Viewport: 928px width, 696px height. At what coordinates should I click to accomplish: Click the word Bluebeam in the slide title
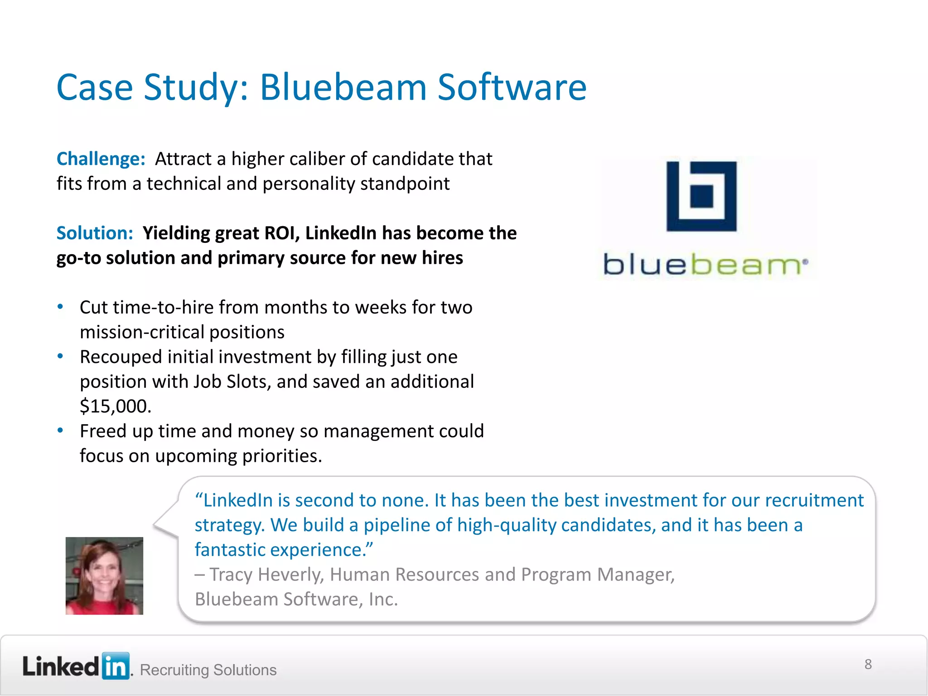click(343, 87)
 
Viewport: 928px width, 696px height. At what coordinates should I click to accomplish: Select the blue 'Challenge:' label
click(101, 159)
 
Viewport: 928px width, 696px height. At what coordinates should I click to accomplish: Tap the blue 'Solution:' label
click(95, 233)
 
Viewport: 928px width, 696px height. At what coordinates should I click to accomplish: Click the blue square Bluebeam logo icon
click(701, 196)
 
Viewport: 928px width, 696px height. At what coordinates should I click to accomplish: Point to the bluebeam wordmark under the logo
click(705, 265)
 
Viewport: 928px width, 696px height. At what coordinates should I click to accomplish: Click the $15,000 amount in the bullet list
click(115, 406)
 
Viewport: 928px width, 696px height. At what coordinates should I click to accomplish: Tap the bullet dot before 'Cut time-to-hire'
click(60, 307)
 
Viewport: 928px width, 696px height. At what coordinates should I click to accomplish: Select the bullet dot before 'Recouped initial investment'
click(60, 356)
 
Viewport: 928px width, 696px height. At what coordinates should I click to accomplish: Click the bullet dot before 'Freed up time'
click(60, 430)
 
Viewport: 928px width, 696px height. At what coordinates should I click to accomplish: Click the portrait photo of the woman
click(104, 576)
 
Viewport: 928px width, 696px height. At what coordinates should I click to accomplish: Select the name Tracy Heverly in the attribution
click(266, 575)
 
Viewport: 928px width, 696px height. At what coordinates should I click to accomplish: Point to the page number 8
click(868, 664)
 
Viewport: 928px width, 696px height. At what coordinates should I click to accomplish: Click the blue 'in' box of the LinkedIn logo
click(116, 666)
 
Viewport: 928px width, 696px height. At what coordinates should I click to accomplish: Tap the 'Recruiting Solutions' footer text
click(208, 670)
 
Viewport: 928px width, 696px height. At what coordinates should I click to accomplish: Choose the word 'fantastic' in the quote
click(230, 550)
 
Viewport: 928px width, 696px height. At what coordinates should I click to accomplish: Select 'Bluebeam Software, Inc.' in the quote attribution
click(296, 599)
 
